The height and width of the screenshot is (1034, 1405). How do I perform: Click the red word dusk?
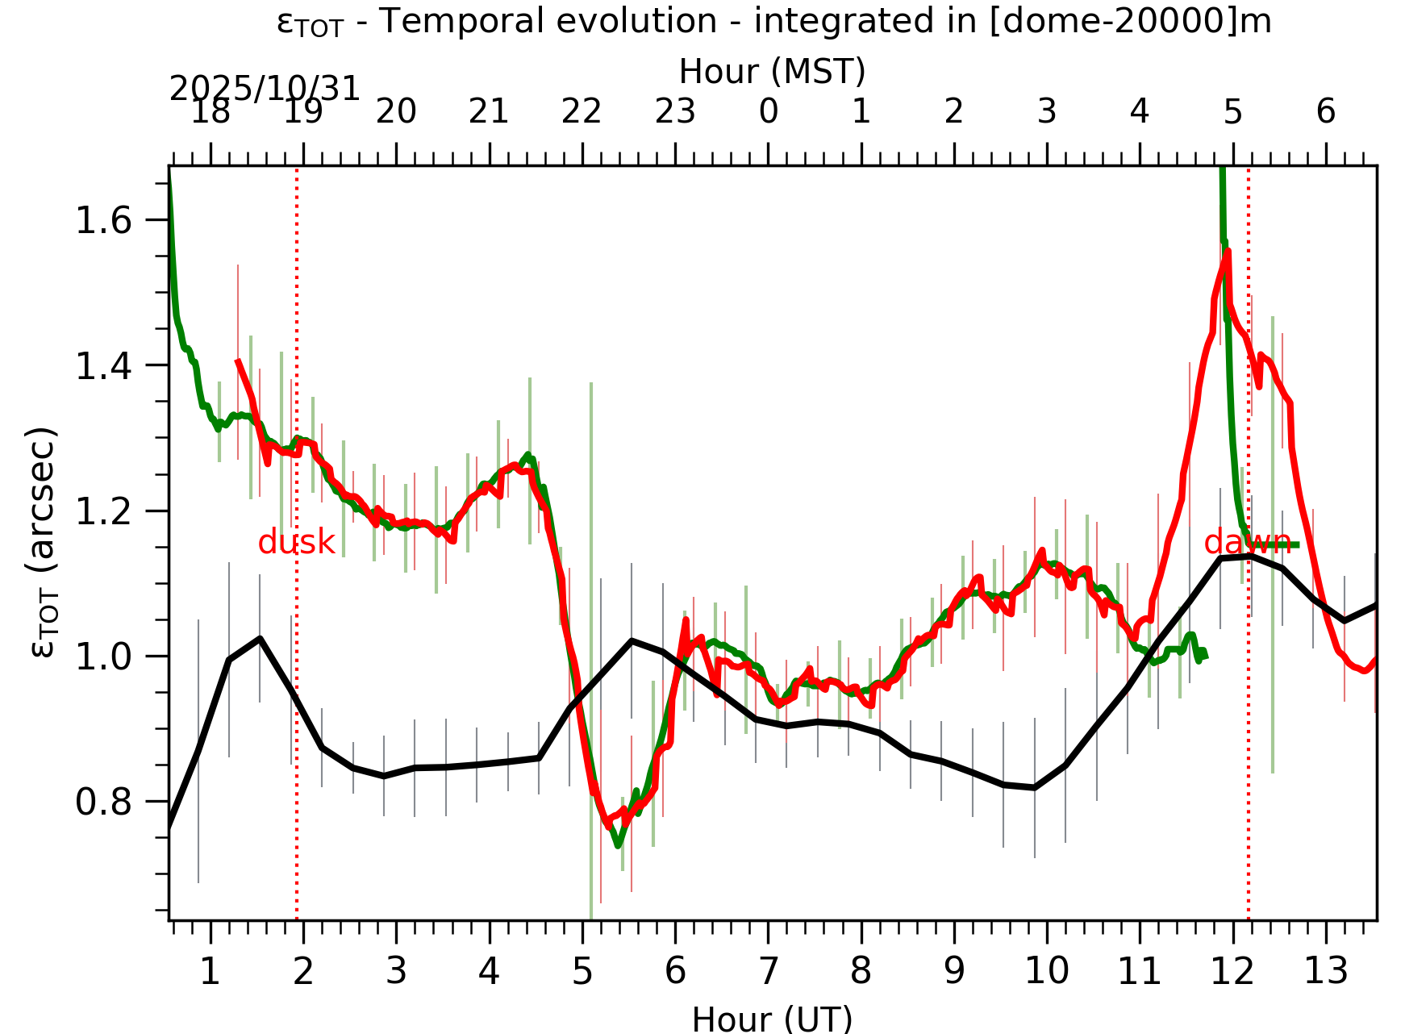(296, 543)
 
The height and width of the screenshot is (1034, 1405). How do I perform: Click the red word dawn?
(1247, 543)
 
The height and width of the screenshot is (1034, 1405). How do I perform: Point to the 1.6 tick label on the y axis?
(103, 220)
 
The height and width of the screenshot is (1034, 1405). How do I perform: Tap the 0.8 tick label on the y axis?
(103, 803)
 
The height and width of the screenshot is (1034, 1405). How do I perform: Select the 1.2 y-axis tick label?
(103, 511)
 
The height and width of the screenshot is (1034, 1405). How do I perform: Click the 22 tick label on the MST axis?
(582, 111)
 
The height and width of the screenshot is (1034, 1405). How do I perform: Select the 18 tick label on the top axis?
(211, 111)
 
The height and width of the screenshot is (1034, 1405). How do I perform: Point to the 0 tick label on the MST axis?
(768, 111)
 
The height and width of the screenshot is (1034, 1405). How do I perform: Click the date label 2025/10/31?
(265, 89)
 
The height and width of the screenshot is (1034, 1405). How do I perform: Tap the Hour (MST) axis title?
(772, 71)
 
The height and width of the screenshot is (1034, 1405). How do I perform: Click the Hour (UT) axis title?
(772, 1019)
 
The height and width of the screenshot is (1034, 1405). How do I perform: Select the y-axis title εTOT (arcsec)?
(44, 542)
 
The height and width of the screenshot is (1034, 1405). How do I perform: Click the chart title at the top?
(773, 22)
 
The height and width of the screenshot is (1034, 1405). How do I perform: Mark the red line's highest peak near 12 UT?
(1228, 252)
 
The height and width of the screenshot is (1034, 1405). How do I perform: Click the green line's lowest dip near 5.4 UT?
(618, 844)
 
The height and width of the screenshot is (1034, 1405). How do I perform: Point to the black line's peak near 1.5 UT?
(260, 638)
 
